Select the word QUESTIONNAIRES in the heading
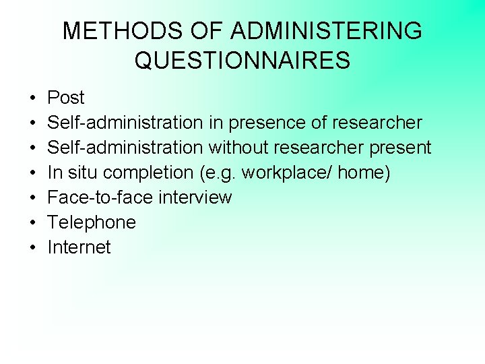click(243, 61)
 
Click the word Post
click(65, 98)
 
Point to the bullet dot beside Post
click(32, 98)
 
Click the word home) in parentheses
click(364, 173)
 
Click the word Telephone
click(92, 222)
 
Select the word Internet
click(79, 247)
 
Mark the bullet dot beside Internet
click(32, 248)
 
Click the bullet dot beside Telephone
click(32, 223)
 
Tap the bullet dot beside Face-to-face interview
click(32, 198)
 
